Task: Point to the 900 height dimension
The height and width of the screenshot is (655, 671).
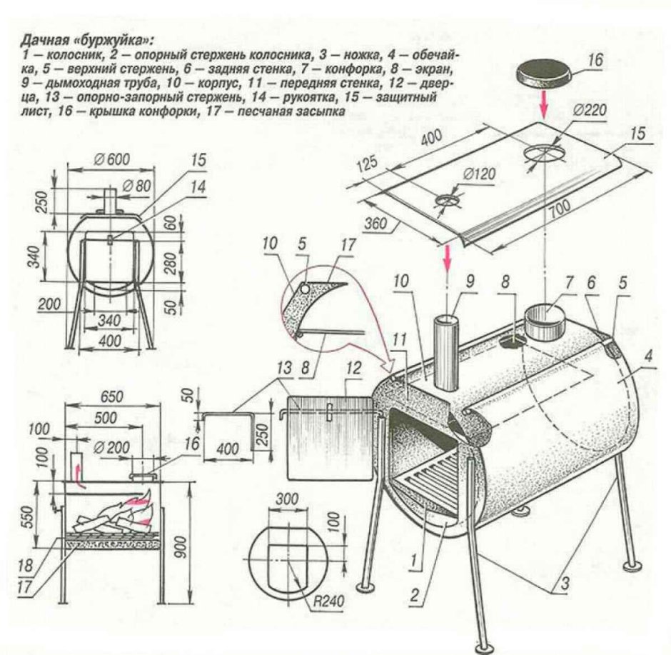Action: tap(201, 550)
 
